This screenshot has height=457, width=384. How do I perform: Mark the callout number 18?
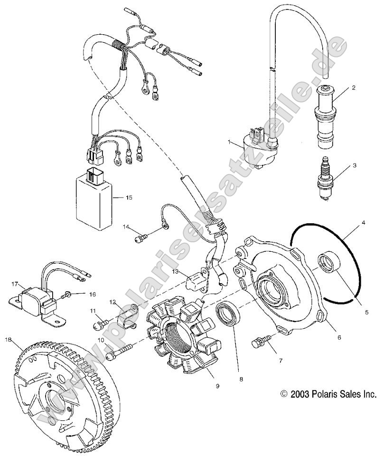[8, 339]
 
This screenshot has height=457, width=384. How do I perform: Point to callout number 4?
[363, 222]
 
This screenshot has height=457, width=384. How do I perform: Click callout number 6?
[339, 337]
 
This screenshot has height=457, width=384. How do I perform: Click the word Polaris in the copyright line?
[328, 394]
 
